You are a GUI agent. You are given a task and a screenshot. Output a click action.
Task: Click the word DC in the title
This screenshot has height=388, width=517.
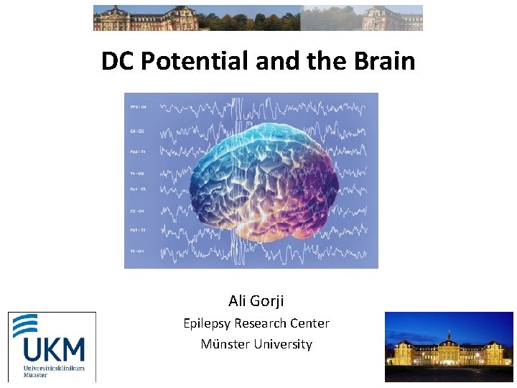(x=118, y=62)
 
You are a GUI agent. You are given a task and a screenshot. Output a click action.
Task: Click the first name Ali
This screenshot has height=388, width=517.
(x=238, y=300)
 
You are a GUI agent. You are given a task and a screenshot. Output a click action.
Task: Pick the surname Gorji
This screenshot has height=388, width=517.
(x=268, y=301)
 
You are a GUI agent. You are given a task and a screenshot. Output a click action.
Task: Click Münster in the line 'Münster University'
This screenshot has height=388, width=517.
(x=224, y=344)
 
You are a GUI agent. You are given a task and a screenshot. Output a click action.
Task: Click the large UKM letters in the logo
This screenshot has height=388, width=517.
(x=53, y=349)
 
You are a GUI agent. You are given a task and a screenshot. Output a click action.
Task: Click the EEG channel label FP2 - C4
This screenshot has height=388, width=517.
(x=138, y=107)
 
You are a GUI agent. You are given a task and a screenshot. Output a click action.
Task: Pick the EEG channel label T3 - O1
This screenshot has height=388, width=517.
(x=137, y=251)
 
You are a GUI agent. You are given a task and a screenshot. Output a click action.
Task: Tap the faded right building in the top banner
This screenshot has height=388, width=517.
(x=391, y=18)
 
